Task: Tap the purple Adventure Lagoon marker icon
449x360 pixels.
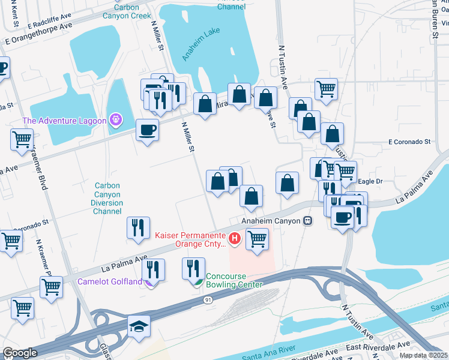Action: click(116, 121)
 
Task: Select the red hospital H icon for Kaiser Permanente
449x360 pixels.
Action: click(235, 240)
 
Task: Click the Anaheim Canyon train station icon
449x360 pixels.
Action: click(309, 221)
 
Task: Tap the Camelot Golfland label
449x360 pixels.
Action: click(109, 281)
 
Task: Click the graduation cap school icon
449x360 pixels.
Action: click(139, 326)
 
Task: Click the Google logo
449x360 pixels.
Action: click(20, 352)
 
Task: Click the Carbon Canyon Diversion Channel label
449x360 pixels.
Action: click(108, 194)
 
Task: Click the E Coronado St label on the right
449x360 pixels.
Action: click(409, 142)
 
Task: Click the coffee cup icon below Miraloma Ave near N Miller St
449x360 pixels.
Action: click(147, 130)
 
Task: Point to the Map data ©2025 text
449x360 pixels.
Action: click(423, 355)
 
